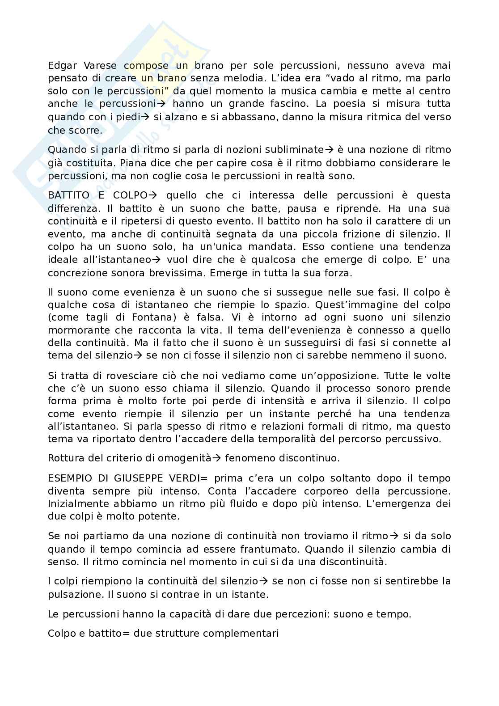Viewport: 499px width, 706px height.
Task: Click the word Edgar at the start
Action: coord(61,66)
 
